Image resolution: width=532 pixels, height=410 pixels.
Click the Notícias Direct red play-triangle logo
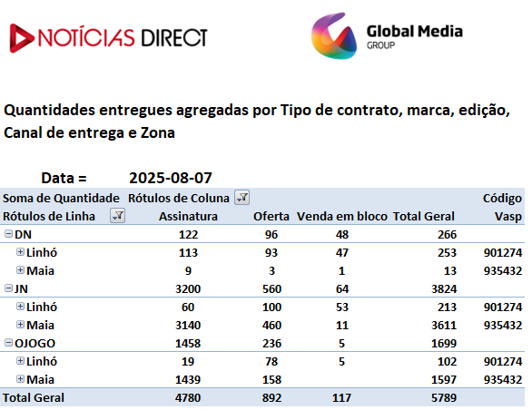tap(22, 38)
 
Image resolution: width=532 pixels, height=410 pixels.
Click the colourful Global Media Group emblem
tap(334, 36)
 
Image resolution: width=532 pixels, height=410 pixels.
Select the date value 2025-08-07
tap(171, 178)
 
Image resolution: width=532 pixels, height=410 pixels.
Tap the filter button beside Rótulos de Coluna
tap(241, 198)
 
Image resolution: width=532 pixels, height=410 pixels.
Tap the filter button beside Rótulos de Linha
tap(117, 216)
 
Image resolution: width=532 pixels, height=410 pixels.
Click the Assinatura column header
tap(188, 217)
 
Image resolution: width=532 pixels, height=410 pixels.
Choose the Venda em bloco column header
tap(342, 217)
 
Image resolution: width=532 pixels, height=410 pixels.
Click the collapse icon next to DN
tap(8, 233)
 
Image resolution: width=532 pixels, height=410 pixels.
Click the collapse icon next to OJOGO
tap(8, 343)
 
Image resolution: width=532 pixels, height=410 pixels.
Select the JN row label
tap(21, 289)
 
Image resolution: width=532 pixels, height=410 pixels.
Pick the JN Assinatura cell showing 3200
tap(188, 289)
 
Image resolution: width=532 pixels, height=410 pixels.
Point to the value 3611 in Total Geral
tap(444, 326)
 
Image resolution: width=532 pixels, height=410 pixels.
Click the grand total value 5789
tap(444, 398)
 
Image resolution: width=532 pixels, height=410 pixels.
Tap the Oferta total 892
tap(271, 398)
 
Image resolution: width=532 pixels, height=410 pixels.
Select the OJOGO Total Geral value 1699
tap(444, 344)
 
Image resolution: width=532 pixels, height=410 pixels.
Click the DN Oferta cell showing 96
tap(271, 235)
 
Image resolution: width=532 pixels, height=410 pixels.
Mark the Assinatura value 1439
tap(188, 380)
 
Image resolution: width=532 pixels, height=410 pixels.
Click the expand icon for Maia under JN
tap(20, 325)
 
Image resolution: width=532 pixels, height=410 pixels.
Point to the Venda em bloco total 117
tap(341, 398)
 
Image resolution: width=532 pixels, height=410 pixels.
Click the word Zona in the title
tap(158, 132)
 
